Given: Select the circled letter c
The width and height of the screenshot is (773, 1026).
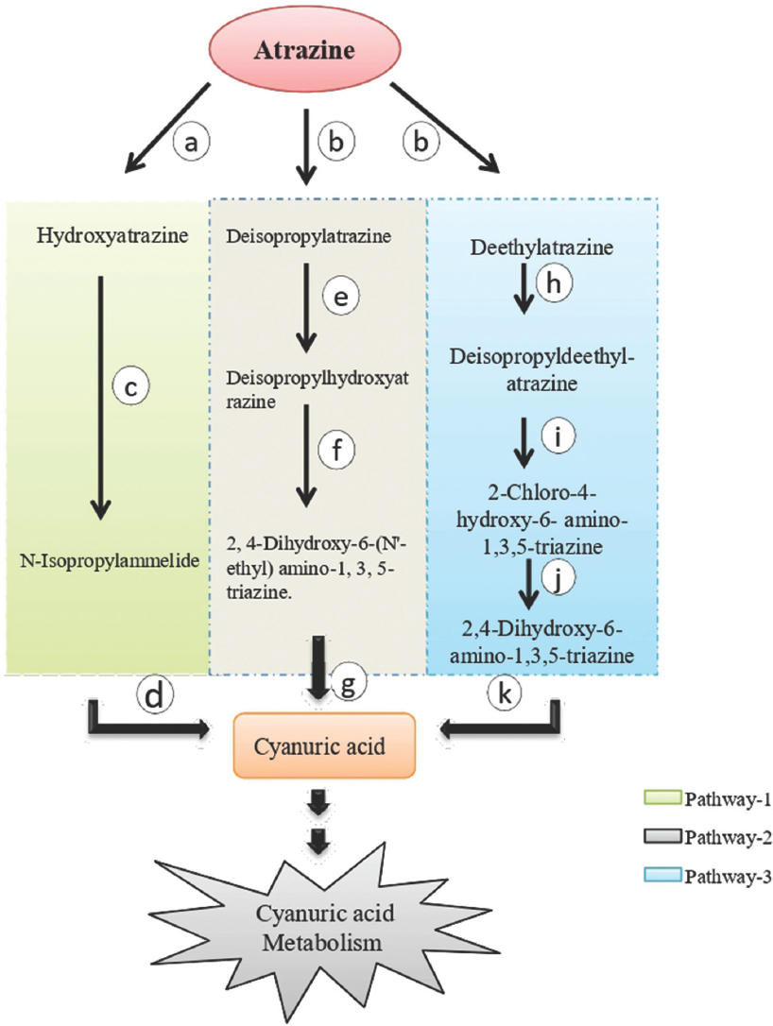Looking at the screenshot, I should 132,385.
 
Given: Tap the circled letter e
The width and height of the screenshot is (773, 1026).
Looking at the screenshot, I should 341,297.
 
